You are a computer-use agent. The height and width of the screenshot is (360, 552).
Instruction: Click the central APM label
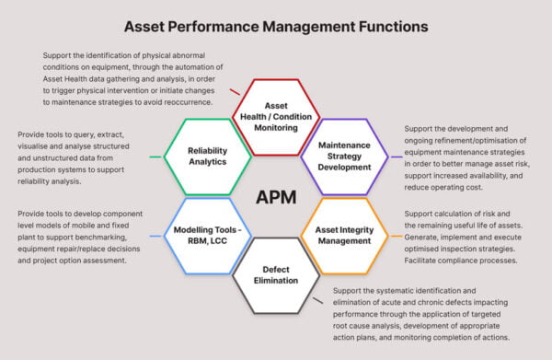[276, 197]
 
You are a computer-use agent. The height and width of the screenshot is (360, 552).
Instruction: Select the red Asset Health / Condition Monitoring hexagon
[276, 117]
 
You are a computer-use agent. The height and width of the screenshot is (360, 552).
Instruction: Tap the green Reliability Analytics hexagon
[207, 156]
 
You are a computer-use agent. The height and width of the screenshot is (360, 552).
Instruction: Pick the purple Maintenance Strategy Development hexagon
[344, 156]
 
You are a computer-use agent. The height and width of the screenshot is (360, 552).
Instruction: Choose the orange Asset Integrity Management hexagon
[344, 236]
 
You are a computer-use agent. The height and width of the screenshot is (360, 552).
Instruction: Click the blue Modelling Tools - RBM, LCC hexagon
[207, 236]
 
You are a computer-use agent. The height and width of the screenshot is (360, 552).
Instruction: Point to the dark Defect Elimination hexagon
[276, 274]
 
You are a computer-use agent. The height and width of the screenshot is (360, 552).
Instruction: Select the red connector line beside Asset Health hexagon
[236, 92]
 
